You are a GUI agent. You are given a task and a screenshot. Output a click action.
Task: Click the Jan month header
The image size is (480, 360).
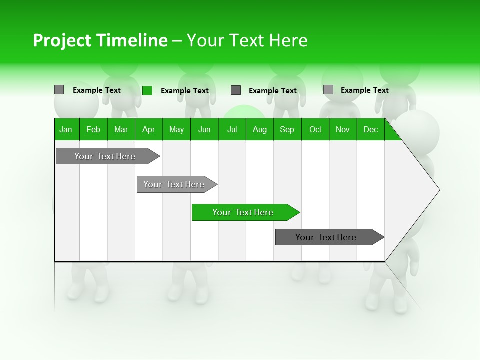pos(66,129)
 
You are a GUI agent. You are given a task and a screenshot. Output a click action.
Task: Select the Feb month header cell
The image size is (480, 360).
pos(93,129)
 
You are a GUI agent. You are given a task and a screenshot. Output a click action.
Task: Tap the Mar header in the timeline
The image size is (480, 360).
pos(121,129)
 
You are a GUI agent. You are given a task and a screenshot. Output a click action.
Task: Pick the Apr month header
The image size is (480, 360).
pos(149,129)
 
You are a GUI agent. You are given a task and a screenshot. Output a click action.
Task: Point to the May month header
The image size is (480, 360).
pos(176,129)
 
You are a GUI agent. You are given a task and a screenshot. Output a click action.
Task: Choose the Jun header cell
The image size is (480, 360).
pos(204,129)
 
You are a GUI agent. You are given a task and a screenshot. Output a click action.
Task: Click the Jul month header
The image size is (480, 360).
pos(232,129)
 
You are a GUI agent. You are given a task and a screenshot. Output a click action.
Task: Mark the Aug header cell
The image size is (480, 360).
pos(260,129)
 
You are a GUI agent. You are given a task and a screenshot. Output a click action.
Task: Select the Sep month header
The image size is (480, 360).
pos(287,129)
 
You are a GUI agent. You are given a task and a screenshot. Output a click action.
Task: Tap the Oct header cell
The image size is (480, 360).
pos(315,129)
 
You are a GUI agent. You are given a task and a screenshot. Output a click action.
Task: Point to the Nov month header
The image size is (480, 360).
pos(343,129)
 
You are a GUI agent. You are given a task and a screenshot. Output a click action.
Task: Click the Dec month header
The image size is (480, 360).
pos(371,129)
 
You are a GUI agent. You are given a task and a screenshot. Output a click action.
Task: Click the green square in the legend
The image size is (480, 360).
pos(147,90)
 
